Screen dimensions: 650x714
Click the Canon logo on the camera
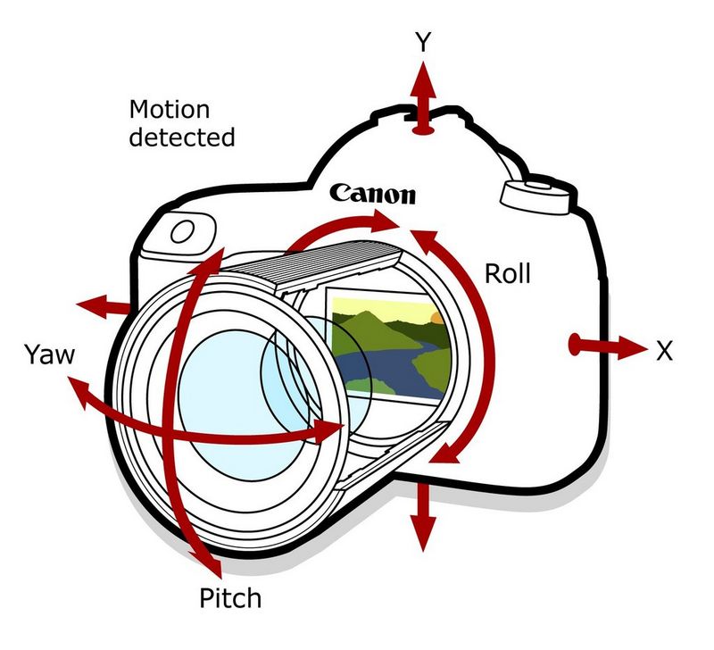point(372,194)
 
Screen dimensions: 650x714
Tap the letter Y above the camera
point(424,42)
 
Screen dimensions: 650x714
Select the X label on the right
point(663,351)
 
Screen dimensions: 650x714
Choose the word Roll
point(507,273)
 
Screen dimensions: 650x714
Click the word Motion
point(170,111)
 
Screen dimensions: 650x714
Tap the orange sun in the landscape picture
point(436,317)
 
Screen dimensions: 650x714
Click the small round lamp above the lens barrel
point(184,232)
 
